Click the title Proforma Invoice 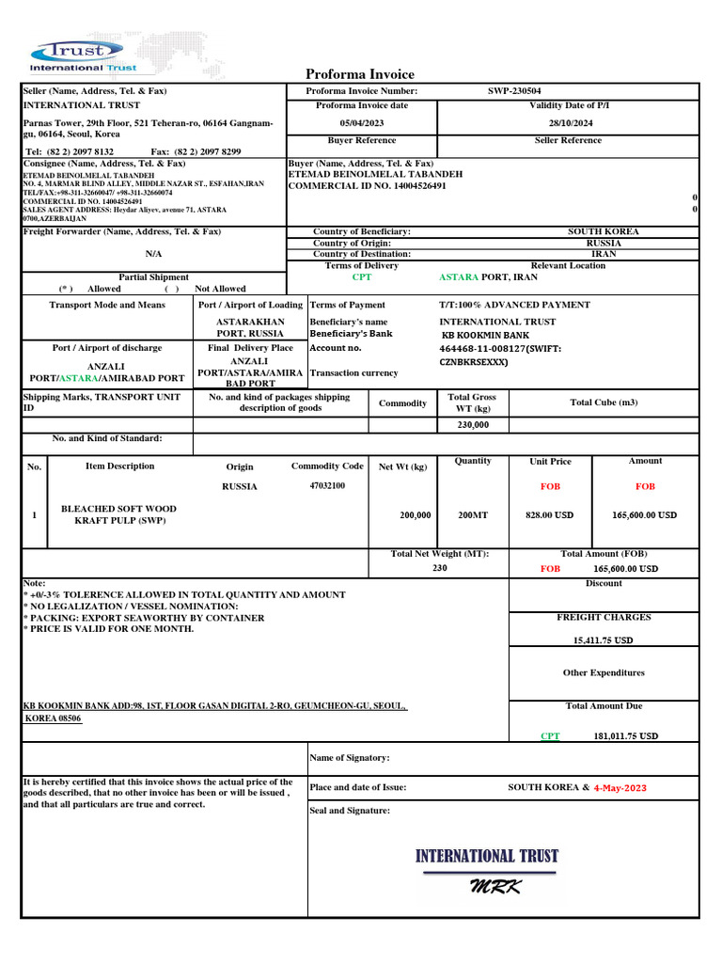[x=360, y=74]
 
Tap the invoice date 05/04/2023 [x=362, y=123]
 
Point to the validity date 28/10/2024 [x=570, y=123]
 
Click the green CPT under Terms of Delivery [x=362, y=277]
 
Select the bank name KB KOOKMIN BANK [x=486, y=335]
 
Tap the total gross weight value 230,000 [x=472, y=424]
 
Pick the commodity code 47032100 [x=327, y=485]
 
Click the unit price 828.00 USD [x=550, y=515]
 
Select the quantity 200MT [x=473, y=515]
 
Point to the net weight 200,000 [x=416, y=515]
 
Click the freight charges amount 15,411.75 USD [x=603, y=640]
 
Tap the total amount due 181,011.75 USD [x=626, y=736]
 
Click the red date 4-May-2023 [x=620, y=788]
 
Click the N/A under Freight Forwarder [x=153, y=254]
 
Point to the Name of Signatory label [x=349, y=758]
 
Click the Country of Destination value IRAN [x=604, y=254]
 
